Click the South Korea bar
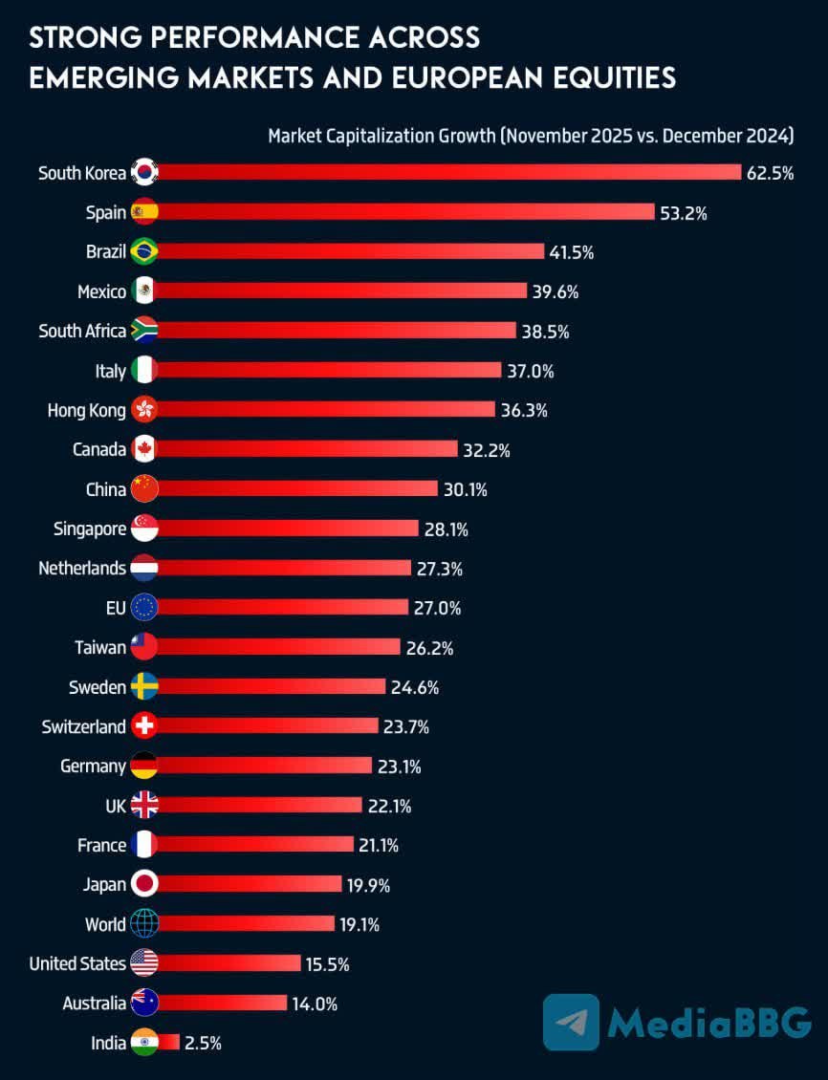(x=449, y=172)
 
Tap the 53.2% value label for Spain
(x=683, y=212)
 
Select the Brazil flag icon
(x=143, y=251)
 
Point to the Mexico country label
(x=101, y=292)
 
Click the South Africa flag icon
(x=143, y=331)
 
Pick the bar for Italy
(x=330, y=370)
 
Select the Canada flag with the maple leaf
(x=143, y=449)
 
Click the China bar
(x=297, y=489)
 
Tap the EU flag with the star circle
(x=143, y=608)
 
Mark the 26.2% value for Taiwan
(x=428, y=647)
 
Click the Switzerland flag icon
(x=143, y=726)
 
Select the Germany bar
(x=264, y=766)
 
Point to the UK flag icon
(x=143, y=806)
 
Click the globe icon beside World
(x=143, y=924)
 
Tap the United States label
(x=77, y=963)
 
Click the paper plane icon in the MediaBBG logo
(x=571, y=1022)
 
